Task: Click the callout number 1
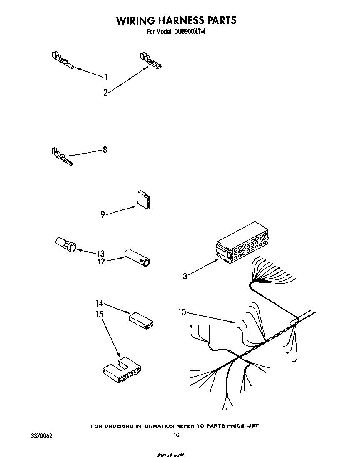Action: pos(106,77)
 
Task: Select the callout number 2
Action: pos(105,93)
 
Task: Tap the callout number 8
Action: pos(105,150)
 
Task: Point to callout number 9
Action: pos(102,215)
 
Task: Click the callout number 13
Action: pos(100,254)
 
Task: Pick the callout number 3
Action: pos(185,276)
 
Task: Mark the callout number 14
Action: pos(100,304)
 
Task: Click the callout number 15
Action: pos(100,314)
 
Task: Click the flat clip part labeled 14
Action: pos(141,319)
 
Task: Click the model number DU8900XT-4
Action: pos(188,31)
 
